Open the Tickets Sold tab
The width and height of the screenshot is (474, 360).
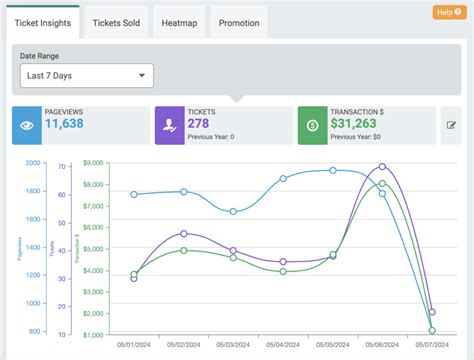click(x=115, y=22)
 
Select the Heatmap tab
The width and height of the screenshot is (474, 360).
click(x=181, y=22)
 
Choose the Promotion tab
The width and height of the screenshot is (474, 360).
click(x=240, y=22)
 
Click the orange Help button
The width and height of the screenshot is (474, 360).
click(x=447, y=12)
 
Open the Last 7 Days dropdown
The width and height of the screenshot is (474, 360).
click(x=85, y=75)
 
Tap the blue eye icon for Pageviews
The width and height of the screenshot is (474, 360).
click(x=26, y=126)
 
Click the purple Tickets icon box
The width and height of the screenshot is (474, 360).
click(x=169, y=126)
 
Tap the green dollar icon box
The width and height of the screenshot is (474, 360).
click(x=312, y=126)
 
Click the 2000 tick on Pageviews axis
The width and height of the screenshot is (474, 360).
click(x=33, y=163)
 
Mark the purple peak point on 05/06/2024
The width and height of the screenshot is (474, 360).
click(x=382, y=167)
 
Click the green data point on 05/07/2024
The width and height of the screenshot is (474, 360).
click(x=432, y=330)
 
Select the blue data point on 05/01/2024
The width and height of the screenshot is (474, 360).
click(x=134, y=195)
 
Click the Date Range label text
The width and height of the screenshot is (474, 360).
click(x=42, y=55)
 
